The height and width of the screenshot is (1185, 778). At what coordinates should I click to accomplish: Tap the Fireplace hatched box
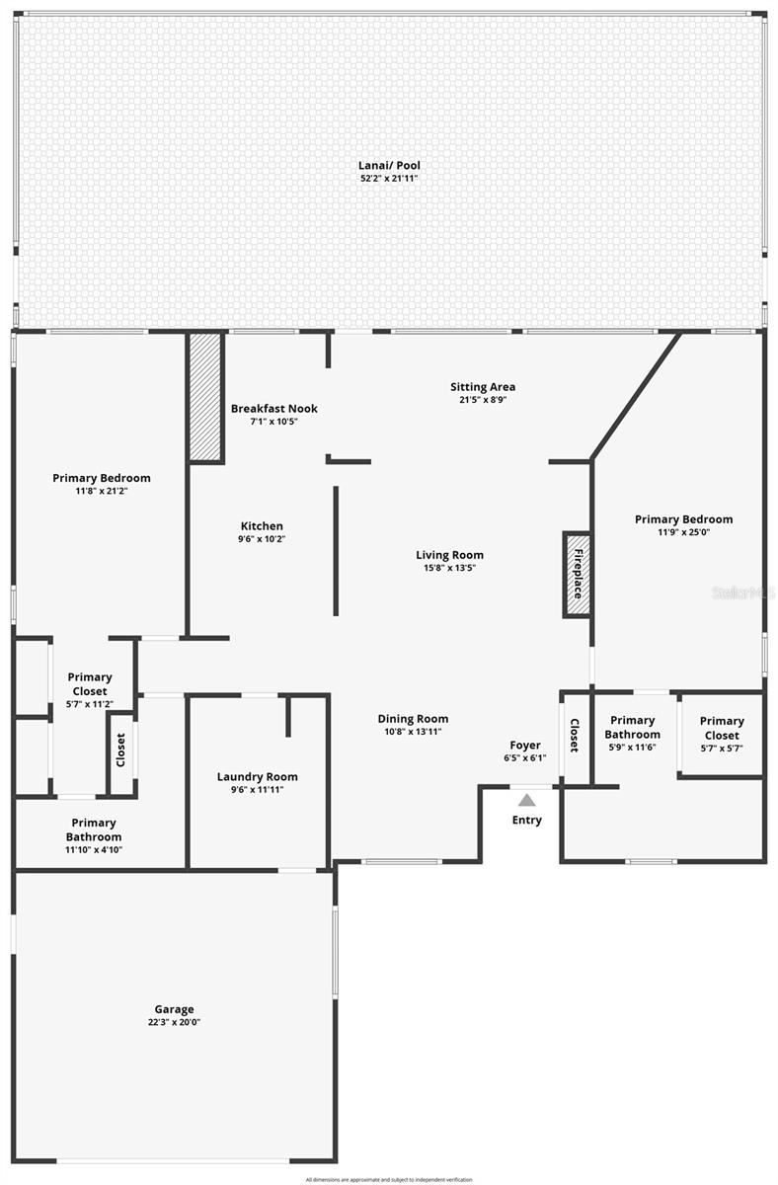pos(578,575)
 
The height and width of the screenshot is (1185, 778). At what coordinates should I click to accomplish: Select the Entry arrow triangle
pos(526,800)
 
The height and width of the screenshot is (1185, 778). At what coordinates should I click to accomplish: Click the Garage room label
pos(174,1009)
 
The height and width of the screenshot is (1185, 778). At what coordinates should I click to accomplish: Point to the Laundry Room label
pos(257,776)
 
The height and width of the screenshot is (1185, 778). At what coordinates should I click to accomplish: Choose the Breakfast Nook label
pos(273,408)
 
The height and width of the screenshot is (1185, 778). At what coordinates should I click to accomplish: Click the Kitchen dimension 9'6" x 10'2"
pos(261,539)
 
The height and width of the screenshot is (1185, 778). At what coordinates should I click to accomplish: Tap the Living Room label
pos(449,555)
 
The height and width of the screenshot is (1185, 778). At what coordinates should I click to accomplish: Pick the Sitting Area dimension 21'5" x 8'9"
pos(482,400)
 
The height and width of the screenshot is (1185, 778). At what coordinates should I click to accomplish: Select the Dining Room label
pos(413,719)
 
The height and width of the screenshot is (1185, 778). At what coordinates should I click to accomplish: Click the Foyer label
pos(524,745)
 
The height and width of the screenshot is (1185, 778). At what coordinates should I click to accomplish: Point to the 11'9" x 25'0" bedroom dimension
pos(683,532)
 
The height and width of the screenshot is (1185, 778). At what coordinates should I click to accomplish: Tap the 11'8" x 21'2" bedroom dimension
pos(103,491)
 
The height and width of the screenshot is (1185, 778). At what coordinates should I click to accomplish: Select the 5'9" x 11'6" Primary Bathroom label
pos(632,727)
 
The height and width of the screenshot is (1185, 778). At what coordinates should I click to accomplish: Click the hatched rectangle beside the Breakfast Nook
pos(206,397)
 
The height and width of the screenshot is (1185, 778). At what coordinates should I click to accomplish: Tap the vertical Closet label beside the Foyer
pos(574,735)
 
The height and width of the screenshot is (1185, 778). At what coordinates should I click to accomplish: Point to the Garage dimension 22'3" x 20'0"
pos(174,1022)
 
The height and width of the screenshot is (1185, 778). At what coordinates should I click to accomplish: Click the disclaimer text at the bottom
pos(388,1179)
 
